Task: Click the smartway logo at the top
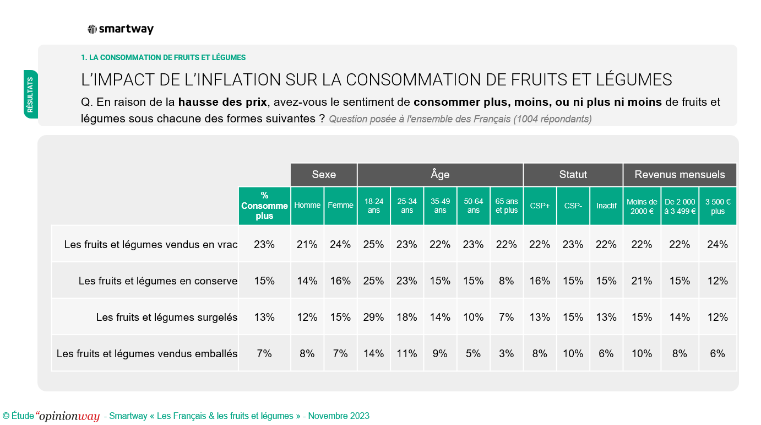click(121, 30)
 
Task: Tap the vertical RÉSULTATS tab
click(30, 94)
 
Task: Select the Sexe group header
click(324, 175)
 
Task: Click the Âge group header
click(440, 175)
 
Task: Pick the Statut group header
click(573, 175)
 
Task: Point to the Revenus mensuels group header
click(680, 175)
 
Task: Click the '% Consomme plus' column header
click(264, 206)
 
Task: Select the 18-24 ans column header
click(374, 206)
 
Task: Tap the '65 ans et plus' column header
click(507, 206)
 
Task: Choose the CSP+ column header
click(540, 206)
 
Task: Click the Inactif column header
click(606, 206)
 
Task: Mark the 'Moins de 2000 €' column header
click(642, 206)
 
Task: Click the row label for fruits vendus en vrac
click(150, 244)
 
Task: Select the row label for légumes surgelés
click(166, 317)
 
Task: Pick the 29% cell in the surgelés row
click(374, 317)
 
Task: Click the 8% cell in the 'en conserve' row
click(507, 281)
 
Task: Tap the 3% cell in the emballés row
click(507, 353)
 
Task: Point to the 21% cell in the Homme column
click(307, 244)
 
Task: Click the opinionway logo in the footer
click(68, 416)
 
